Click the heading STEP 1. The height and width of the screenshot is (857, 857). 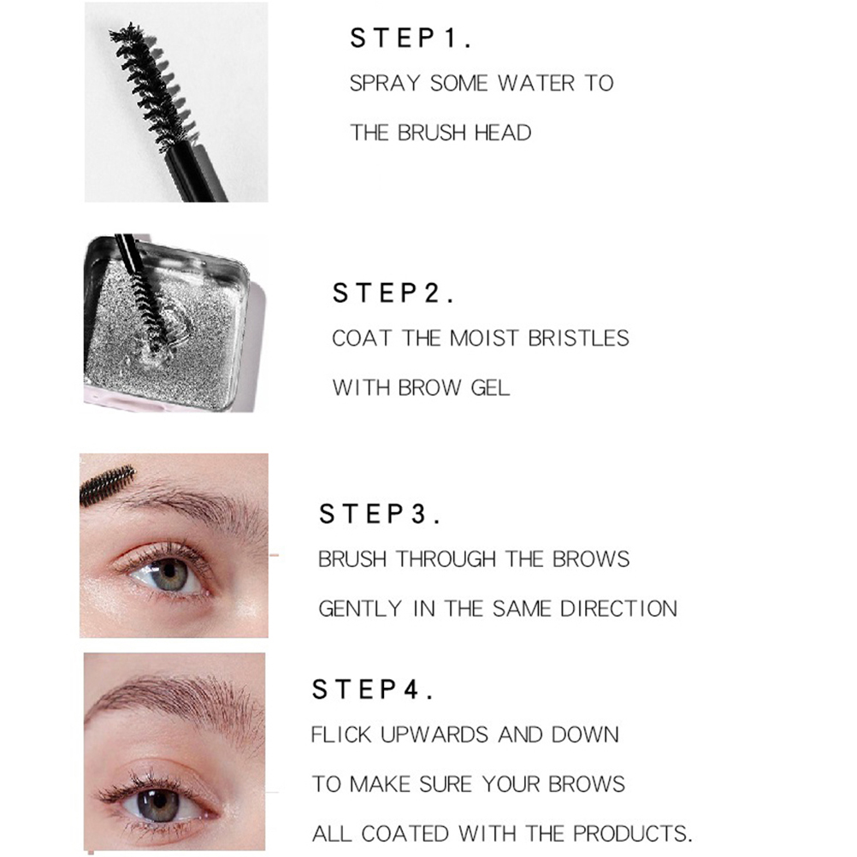pos(411,38)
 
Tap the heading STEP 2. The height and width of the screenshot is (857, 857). pos(393,293)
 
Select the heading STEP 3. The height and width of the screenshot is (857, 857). pos(380,514)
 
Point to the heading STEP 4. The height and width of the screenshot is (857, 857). pos(373,689)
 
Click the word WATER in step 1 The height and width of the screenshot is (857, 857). pos(535,83)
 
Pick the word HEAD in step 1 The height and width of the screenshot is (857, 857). pos(503,133)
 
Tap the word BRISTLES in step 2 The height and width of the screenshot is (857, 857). pos(579,339)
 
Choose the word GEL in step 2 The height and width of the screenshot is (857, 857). pos(490,388)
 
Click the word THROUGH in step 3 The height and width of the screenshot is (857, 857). pos(446,559)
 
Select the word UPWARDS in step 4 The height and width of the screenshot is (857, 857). pos(434,735)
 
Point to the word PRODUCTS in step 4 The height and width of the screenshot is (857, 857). pos(633,834)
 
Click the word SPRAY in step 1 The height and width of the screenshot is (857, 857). pos(385,83)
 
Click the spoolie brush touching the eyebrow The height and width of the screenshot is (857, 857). pos(107,485)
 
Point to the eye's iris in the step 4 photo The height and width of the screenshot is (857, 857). pos(158,804)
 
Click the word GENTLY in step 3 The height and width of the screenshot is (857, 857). pos(360,609)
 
